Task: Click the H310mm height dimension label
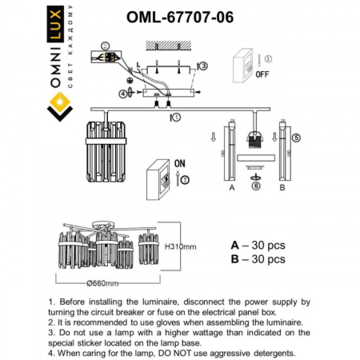tap(182, 246)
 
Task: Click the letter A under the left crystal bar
tap(230, 189)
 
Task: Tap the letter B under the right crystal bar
tap(282, 189)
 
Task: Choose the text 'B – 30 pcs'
tap(258, 259)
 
